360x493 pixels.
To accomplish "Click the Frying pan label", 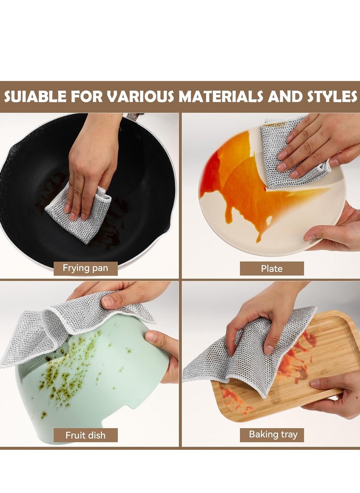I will click(x=85, y=269).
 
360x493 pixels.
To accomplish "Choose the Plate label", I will click(x=271, y=269).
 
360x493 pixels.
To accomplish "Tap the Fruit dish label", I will click(x=85, y=435).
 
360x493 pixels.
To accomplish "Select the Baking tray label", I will click(x=273, y=435).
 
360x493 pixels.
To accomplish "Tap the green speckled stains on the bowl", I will click(x=67, y=373).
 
